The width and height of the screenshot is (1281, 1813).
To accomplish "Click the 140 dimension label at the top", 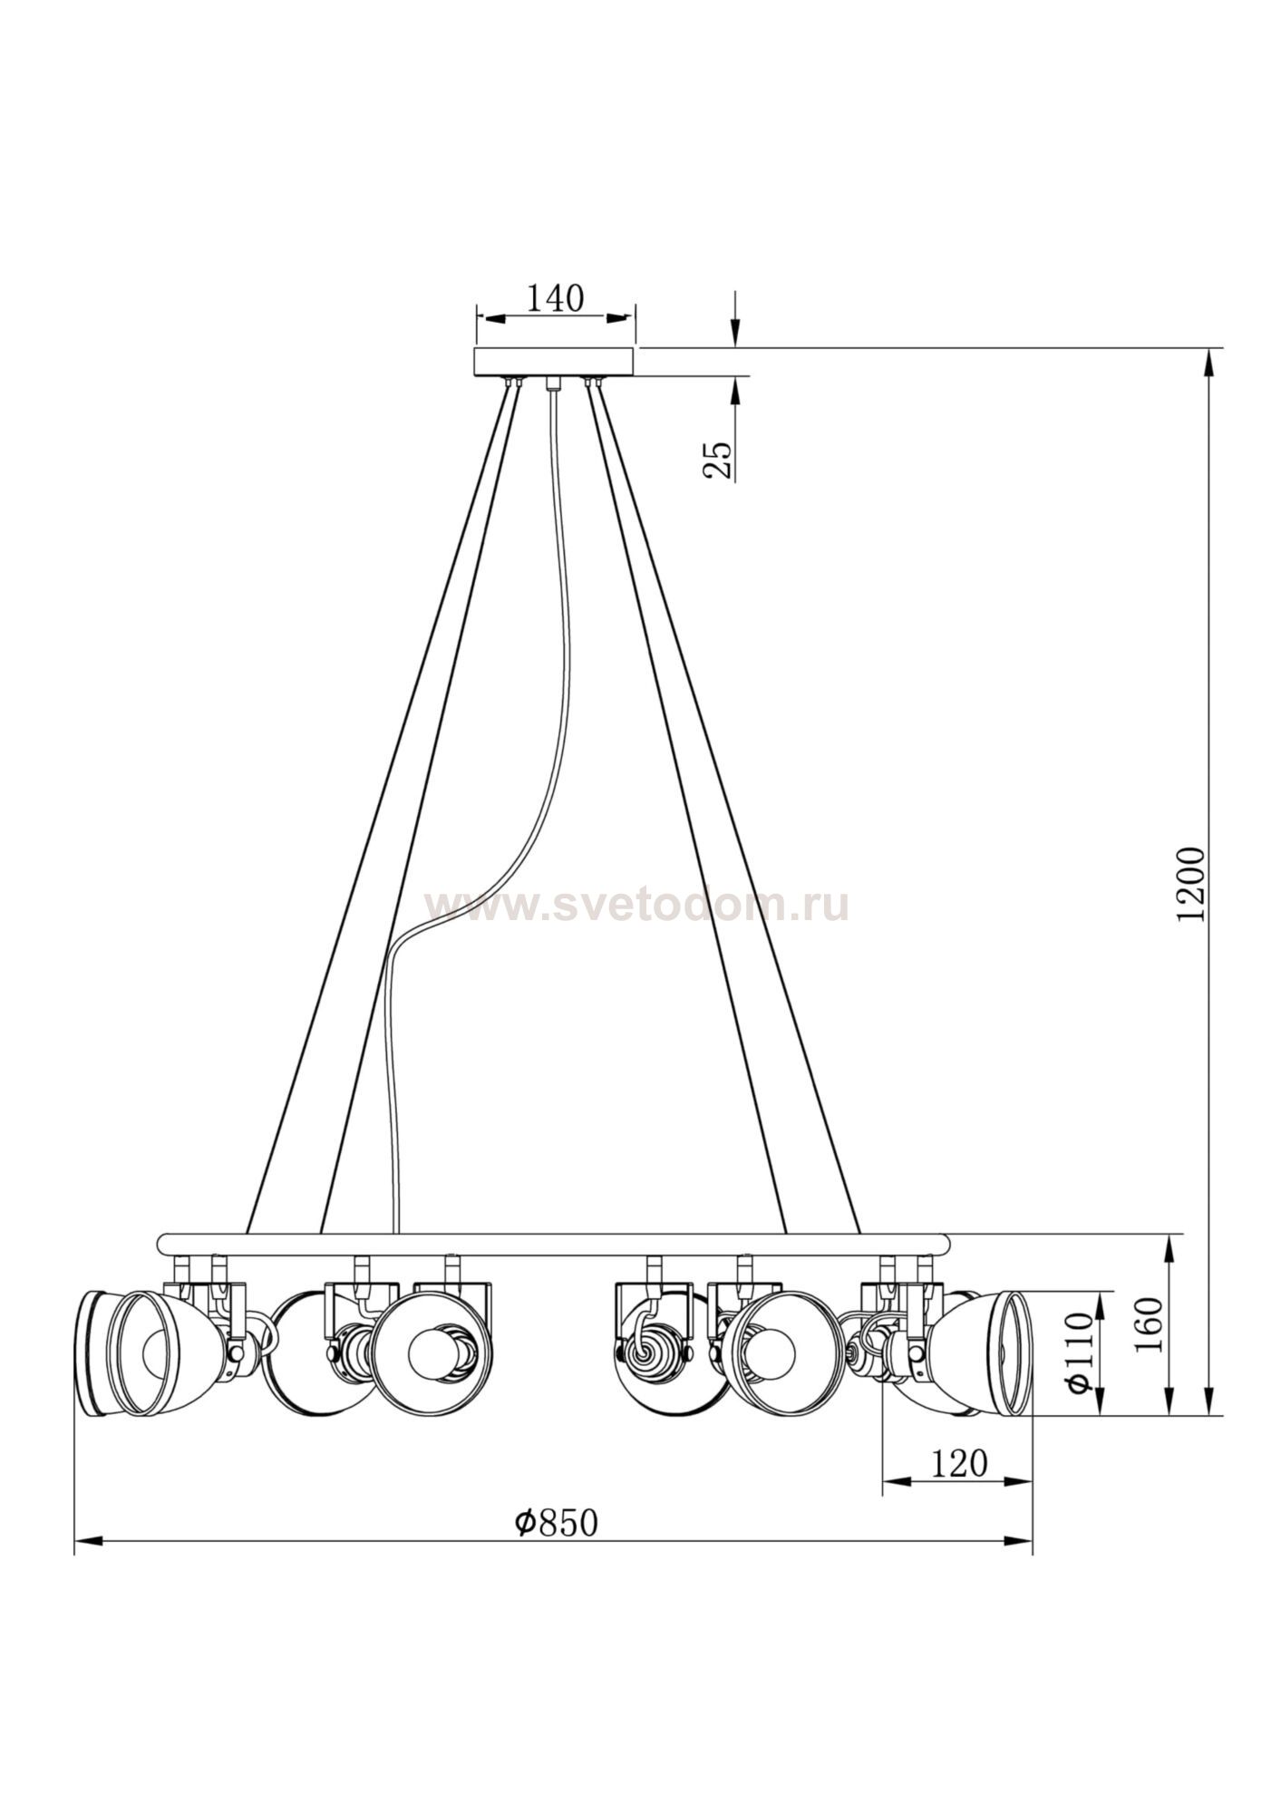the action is coord(557,298).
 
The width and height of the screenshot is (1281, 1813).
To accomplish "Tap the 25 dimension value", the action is coord(717,460).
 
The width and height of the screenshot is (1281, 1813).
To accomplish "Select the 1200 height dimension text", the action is coord(1191,885).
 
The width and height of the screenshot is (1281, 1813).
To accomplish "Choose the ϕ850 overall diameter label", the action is coord(557,1523).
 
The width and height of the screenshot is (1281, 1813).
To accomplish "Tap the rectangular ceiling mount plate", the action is coord(555,362).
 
